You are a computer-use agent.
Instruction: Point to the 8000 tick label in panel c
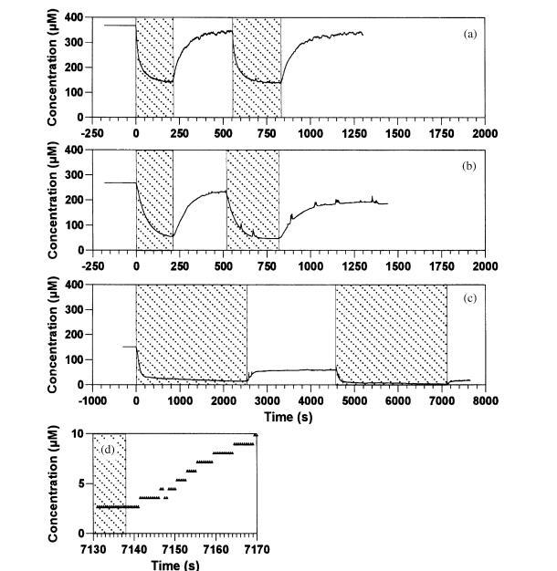pos(485,400)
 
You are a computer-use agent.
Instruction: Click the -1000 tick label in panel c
pos(93,400)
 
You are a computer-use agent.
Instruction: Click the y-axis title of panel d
pos(53,483)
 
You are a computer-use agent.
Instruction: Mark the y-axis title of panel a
pos(53,67)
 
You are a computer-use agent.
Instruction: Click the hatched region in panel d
pos(110,483)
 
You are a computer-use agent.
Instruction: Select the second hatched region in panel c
pos(391,335)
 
